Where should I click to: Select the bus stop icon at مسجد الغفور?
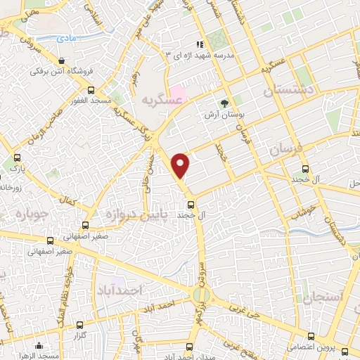pyautogui.click(x=90, y=90)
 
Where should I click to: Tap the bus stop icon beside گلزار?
pyautogui.click(x=79, y=324)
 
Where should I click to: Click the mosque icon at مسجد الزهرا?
pyautogui.click(x=39, y=345)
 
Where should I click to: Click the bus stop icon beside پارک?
pyautogui.click(x=17, y=159)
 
